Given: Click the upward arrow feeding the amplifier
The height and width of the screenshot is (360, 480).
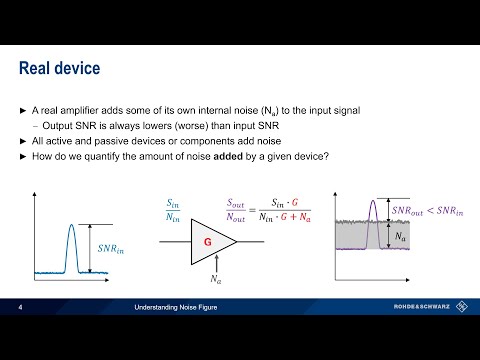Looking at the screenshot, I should [x=215, y=262].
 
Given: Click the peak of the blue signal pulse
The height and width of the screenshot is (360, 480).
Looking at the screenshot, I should [x=71, y=198].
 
